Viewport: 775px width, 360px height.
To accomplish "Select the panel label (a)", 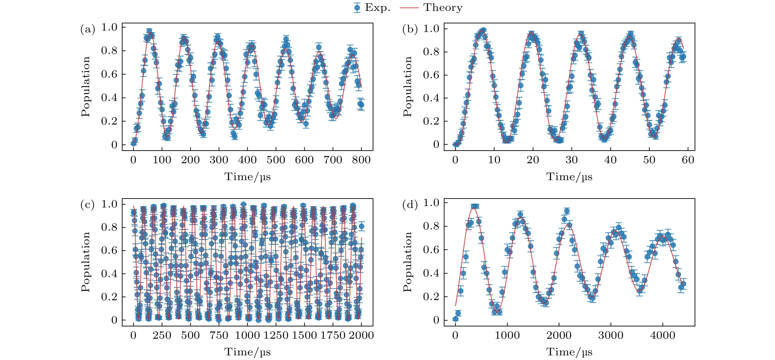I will click(x=88, y=29).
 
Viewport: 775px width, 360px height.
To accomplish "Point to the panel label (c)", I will click(x=88, y=205).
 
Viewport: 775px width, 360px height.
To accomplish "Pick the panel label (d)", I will click(x=410, y=205).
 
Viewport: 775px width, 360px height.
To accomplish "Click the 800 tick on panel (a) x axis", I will click(x=361, y=160).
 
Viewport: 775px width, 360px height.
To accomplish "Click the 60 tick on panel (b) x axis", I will click(x=688, y=160).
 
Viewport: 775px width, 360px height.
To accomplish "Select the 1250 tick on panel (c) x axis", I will click(x=276, y=335).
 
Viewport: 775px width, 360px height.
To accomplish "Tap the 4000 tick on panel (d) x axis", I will click(x=662, y=335).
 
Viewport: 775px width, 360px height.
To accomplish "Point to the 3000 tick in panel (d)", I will click(x=611, y=335).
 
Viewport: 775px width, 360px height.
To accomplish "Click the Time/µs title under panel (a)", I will click(x=247, y=177).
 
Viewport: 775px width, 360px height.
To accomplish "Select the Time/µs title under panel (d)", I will click(x=569, y=352).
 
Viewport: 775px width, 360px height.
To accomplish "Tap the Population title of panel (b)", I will click(x=407, y=86).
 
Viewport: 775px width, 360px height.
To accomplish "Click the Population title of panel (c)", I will click(x=85, y=262).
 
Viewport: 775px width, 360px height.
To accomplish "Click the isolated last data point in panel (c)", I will click(x=362, y=226).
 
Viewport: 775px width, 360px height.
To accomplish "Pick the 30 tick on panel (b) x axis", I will click(x=571, y=160).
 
